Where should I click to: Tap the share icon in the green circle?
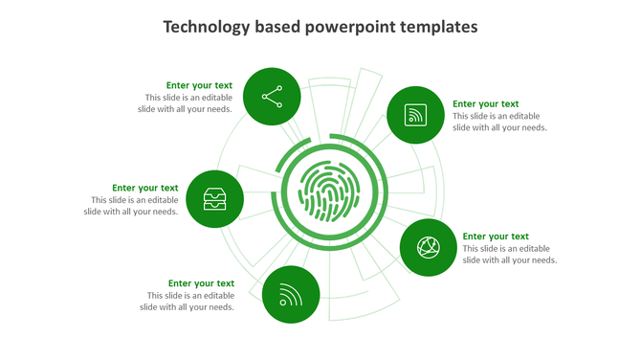tap(272, 97)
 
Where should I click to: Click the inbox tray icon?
tap(214, 199)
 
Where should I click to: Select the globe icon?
tap(428, 247)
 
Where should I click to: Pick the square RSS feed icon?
tap(415, 115)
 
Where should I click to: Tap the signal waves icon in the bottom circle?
tap(291, 295)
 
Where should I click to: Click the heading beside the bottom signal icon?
tap(201, 283)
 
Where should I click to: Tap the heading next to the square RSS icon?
tap(485, 103)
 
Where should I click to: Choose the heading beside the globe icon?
tap(495, 236)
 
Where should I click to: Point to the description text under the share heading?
tap(188, 103)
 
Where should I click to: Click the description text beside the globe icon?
tap(509, 255)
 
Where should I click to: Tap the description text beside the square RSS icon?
tap(499, 122)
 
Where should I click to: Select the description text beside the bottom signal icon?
tap(188, 302)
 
